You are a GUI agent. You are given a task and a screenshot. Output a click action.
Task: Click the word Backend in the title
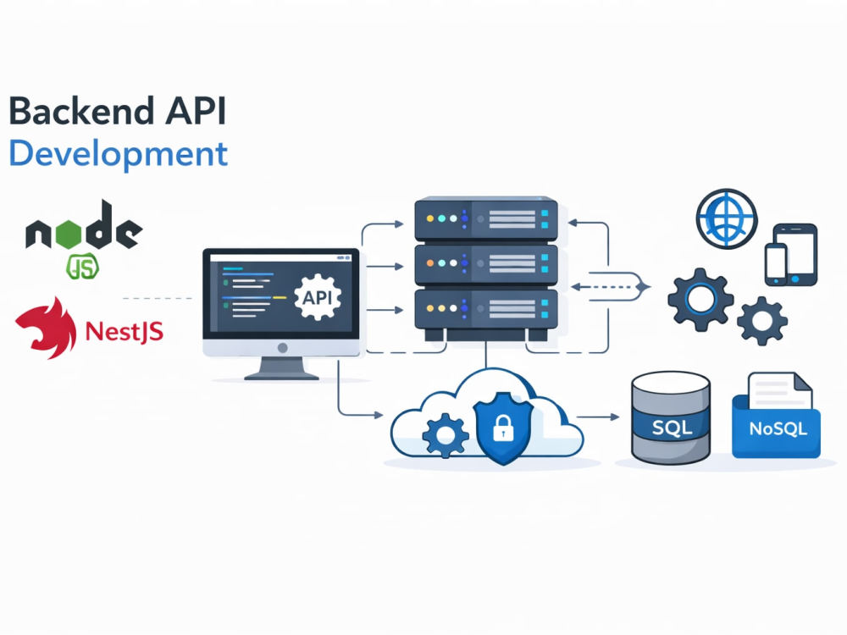82,111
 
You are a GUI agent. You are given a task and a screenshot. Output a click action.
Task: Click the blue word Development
119,154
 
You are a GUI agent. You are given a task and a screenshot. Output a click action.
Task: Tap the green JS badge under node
83,266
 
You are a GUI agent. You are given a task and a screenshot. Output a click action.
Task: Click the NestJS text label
125,331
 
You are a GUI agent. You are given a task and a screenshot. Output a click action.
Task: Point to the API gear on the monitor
318,297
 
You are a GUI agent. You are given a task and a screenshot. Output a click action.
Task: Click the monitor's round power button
282,348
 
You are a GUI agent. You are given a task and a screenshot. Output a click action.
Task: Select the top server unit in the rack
486,218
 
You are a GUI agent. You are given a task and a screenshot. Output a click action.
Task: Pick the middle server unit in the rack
486,264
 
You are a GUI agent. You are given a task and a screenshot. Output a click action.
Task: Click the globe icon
727,218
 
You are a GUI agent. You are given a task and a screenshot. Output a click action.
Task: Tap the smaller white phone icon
776,264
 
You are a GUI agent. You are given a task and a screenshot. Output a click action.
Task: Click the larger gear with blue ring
700,300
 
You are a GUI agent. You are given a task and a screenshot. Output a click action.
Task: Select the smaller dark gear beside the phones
762,321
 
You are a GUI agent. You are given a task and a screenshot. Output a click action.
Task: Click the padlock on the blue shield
503,428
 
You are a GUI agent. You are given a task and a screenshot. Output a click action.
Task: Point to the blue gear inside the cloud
446,435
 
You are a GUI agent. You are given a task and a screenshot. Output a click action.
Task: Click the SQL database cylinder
671,417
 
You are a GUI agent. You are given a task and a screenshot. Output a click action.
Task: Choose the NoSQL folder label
778,428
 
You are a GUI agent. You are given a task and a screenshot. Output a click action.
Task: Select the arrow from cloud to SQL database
598,417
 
